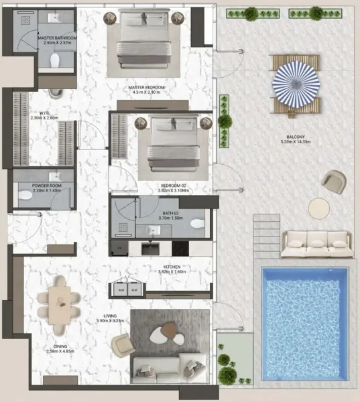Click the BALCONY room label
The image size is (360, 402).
click(x=293, y=139)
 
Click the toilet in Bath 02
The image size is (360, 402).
click(x=196, y=224)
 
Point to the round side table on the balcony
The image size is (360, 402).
click(x=318, y=206)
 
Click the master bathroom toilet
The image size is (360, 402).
click(x=56, y=62)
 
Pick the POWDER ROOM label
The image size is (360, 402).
click(x=47, y=186)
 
